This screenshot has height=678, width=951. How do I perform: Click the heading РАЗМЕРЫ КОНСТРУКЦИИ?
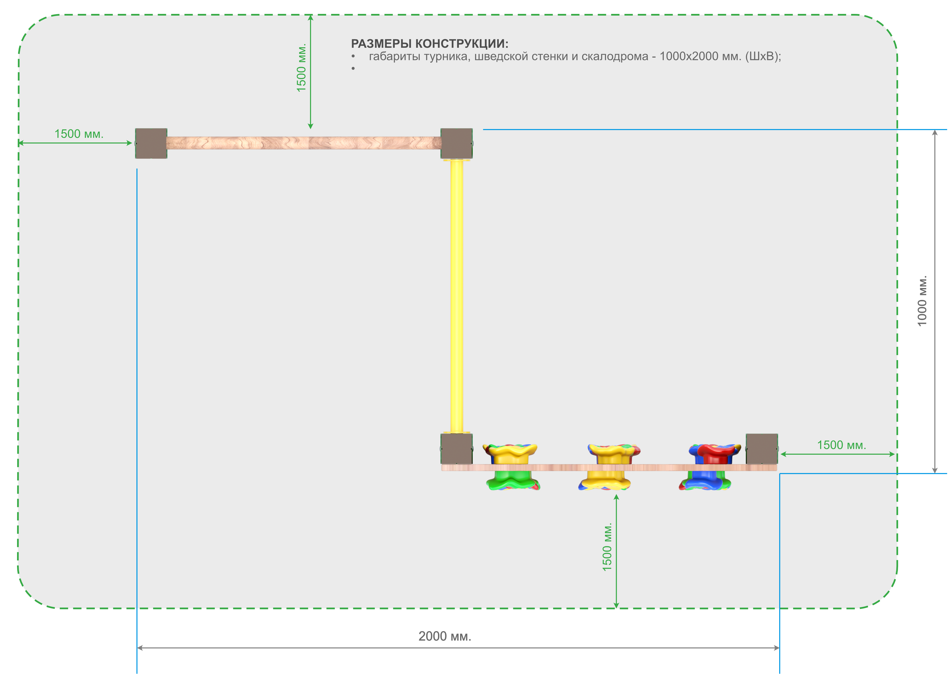pyautogui.click(x=430, y=43)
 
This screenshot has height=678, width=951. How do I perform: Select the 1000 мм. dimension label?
pyautogui.click(x=922, y=301)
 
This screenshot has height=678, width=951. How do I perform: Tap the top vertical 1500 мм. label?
pyautogui.click(x=301, y=68)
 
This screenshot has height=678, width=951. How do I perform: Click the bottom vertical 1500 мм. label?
pyautogui.click(x=607, y=547)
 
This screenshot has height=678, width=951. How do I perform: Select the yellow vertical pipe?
pyautogui.click(x=456, y=296)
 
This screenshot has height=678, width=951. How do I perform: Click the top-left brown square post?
pyautogui.click(x=151, y=143)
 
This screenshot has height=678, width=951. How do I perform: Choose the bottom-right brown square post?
pyautogui.click(x=762, y=449)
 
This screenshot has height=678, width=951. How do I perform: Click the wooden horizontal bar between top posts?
pyautogui.click(x=304, y=143)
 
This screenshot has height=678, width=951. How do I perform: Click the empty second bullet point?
pyautogui.click(x=353, y=68)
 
